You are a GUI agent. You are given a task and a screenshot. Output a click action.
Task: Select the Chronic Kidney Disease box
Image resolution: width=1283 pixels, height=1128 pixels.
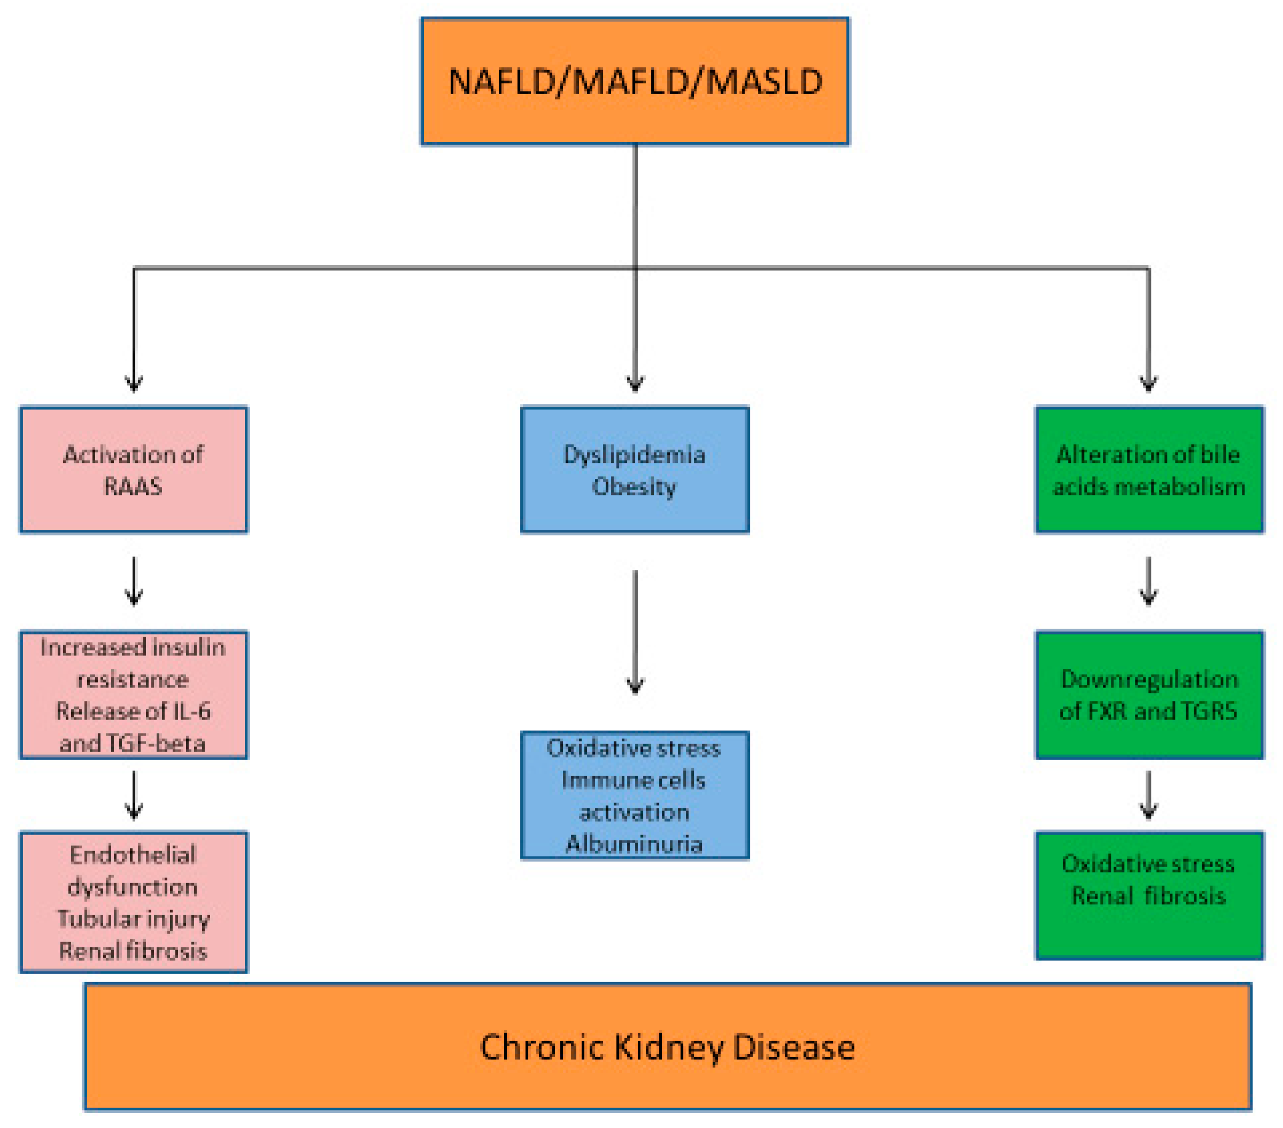click(667, 1046)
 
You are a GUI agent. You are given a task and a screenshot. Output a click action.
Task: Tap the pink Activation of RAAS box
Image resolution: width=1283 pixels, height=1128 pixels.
click(134, 469)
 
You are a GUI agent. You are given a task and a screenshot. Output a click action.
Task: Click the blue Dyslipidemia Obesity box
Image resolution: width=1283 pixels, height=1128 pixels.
click(635, 469)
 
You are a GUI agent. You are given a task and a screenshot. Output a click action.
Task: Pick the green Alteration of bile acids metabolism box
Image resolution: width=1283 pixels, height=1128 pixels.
click(1149, 469)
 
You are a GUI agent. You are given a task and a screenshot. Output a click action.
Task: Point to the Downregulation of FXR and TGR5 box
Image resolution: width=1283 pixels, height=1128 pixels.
click(1149, 695)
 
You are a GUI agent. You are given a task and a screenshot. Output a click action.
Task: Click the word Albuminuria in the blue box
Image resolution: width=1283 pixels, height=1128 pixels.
click(634, 844)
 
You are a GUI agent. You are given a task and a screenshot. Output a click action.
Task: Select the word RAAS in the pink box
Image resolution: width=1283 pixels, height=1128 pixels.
click(133, 486)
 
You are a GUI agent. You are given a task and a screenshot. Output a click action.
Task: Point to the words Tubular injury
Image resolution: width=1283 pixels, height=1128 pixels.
click(133, 919)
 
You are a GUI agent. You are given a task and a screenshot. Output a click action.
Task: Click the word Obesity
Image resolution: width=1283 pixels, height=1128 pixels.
click(634, 486)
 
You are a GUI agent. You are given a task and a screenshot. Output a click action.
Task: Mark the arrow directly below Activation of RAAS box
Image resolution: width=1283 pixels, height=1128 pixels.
click(134, 581)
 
